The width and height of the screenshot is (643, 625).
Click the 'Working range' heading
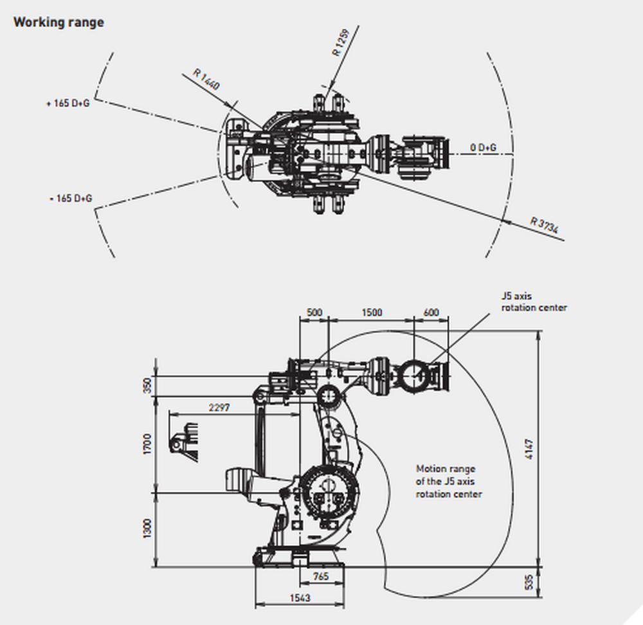pyautogui.click(x=59, y=22)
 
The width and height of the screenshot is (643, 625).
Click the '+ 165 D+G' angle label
pyautogui.click(x=68, y=103)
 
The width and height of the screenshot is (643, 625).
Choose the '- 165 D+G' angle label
pyautogui.click(x=71, y=198)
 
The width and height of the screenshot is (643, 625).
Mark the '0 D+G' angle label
pyautogui.click(x=483, y=148)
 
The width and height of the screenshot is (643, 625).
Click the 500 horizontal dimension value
pyautogui.click(x=314, y=312)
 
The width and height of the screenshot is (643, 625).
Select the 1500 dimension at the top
pyautogui.click(x=371, y=312)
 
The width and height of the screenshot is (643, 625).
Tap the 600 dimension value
pyautogui.click(x=431, y=312)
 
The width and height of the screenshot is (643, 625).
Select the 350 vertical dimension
pyautogui.click(x=147, y=386)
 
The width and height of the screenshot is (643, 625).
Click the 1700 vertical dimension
pyautogui.click(x=147, y=444)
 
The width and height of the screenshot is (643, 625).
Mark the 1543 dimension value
pyautogui.click(x=299, y=598)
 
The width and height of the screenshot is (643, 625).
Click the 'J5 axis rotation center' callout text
pyautogui.click(x=534, y=302)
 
